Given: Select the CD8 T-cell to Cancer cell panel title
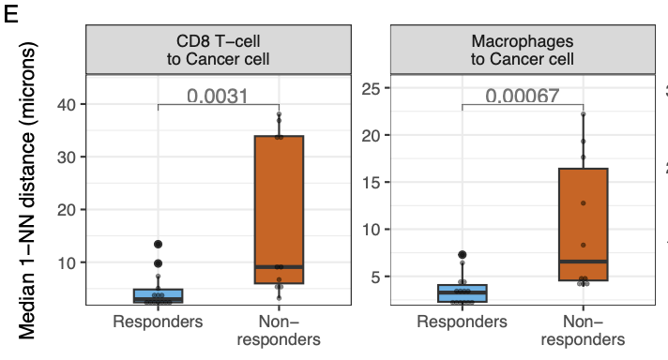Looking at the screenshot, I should coord(218,51).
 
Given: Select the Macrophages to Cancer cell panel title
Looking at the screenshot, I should coord(523,51).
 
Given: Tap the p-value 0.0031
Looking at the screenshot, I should coord(218,95).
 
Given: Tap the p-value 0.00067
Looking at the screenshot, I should coord(522,95).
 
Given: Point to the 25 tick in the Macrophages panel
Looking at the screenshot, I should coord(370,88).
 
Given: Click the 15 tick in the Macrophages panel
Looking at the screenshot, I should coord(370,182).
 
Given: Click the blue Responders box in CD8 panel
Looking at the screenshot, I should coord(158,295).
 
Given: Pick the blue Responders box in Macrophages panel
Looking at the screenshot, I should coord(462,293).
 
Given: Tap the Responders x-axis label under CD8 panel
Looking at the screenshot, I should coord(158,322).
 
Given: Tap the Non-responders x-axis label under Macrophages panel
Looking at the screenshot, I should coord(583,330).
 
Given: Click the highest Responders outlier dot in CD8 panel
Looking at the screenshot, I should coord(158,245).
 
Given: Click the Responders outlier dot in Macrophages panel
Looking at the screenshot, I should coord(462,255).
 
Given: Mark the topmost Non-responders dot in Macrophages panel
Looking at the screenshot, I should coord(583,114).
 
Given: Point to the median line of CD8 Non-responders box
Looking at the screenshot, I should coord(279,267).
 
